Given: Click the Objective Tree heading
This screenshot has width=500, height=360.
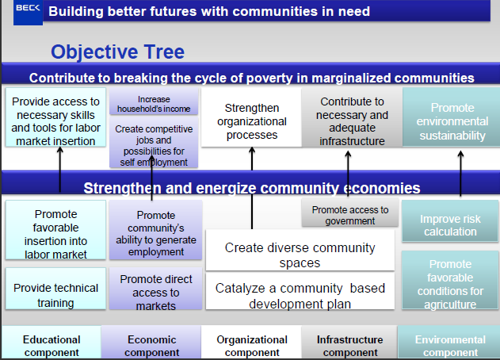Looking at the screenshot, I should (117, 52).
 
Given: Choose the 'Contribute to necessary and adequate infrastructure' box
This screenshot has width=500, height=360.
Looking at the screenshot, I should (351, 121).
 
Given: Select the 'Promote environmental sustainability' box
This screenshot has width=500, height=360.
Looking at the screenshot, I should (452, 121).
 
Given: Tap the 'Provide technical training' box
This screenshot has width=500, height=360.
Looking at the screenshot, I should (55, 294).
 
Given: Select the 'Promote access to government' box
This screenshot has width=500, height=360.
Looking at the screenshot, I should (349, 215).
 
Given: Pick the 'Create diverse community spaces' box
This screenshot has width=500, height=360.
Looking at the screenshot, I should (300, 255).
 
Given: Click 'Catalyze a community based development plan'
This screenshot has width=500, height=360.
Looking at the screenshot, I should (300, 295).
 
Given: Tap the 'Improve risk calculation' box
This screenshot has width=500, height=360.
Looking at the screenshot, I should (448, 224).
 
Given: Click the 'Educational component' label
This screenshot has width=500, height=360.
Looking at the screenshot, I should (52, 346).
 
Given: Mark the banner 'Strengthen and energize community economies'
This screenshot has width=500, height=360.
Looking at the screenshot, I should (252, 188).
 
